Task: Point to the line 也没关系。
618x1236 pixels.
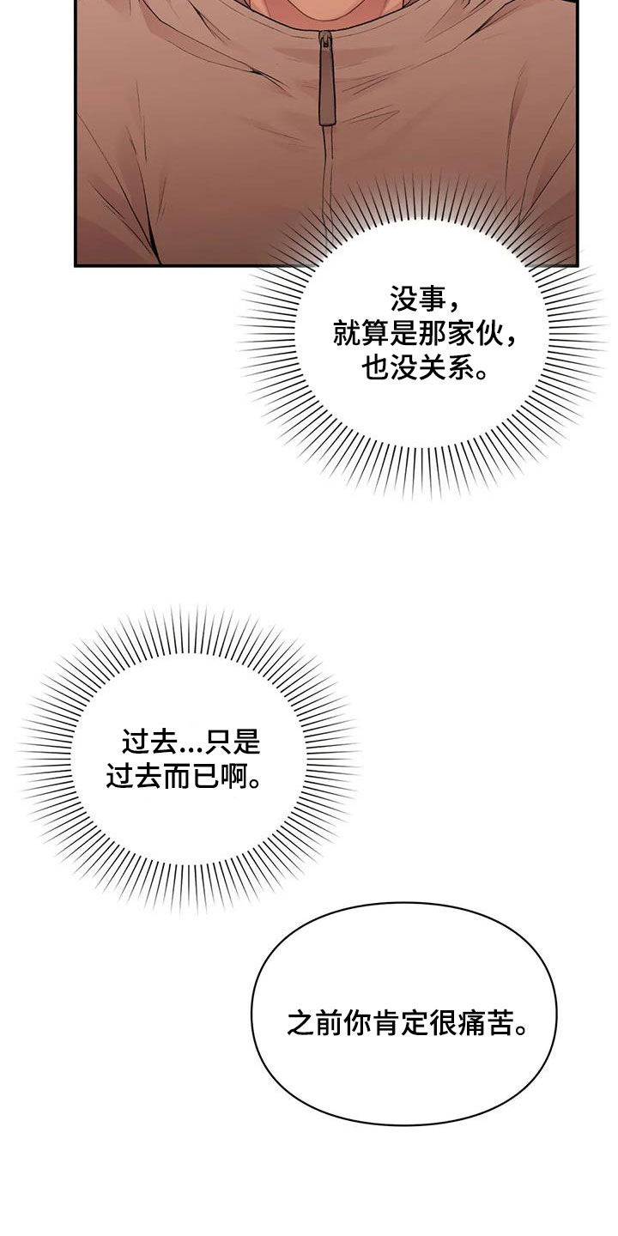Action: tap(425, 367)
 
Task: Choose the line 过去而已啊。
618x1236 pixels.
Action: tap(183, 775)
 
